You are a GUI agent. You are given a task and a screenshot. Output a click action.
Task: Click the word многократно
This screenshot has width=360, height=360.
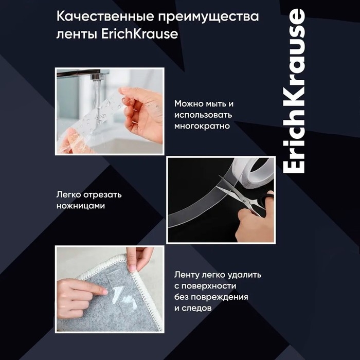click(202, 125)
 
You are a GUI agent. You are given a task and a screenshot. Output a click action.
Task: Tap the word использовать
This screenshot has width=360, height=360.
click(203, 114)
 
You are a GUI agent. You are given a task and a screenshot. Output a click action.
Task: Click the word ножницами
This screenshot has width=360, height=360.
click(81, 206)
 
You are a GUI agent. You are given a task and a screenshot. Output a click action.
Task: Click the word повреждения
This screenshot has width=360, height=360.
click(220, 297)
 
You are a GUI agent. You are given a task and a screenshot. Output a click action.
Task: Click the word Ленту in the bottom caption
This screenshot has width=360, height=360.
click(187, 275)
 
